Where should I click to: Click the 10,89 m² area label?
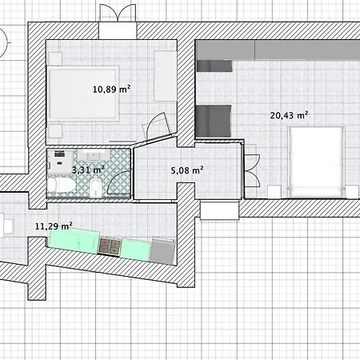(111, 90)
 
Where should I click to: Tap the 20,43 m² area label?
(289, 115)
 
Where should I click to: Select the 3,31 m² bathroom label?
(87, 170)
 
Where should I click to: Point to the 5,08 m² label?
(186, 170)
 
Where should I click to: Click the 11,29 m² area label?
(54, 226)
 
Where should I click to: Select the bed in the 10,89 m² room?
(80, 92)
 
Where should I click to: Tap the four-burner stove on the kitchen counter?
(110, 246)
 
